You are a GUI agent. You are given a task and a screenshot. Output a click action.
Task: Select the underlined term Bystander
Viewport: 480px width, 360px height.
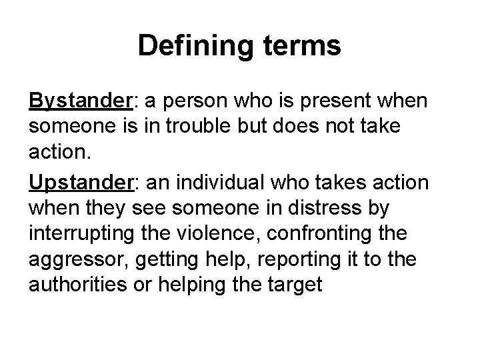point(81,101)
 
